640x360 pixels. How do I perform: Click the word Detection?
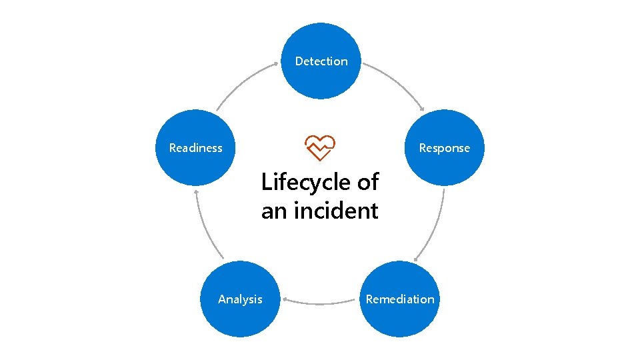[321, 61]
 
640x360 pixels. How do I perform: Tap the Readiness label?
[196, 148]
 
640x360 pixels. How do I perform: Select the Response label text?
[444, 148]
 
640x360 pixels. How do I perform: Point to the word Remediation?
[400, 299]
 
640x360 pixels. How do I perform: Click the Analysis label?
[240, 299]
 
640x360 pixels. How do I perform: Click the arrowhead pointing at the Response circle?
[421, 110]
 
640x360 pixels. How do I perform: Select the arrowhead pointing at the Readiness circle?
[195, 191]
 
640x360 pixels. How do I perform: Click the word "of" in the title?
[366, 181]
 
